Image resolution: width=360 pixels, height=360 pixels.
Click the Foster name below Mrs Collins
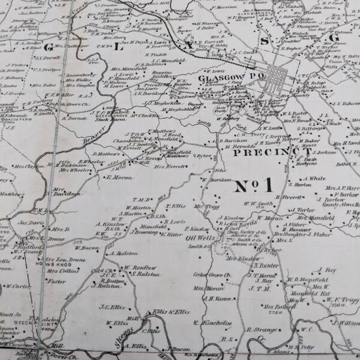click(57, 281)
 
